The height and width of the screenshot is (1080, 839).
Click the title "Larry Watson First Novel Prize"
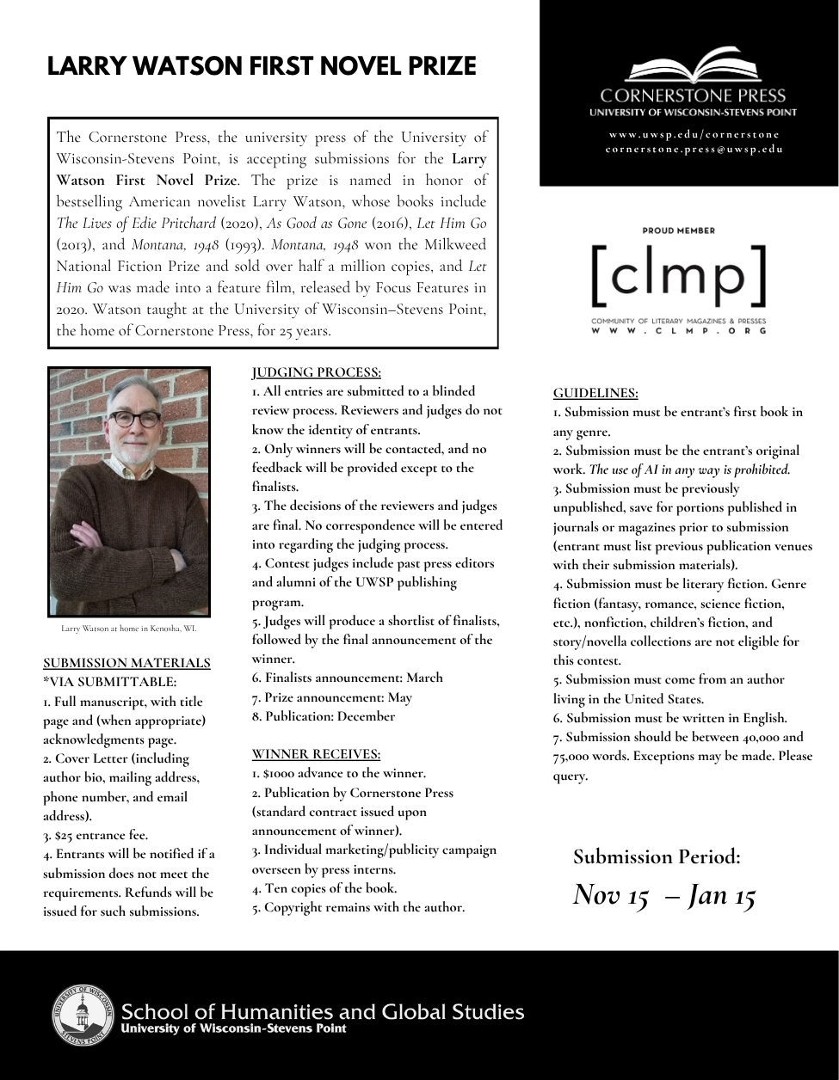[262, 66]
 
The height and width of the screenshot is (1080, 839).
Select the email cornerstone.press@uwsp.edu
[694, 149]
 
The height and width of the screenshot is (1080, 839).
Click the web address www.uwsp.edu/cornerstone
[694, 134]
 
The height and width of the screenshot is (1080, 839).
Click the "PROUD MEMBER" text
[678, 230]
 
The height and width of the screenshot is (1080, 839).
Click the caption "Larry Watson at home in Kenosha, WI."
[129, 629]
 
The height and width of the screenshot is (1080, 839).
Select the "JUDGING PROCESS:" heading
[316, 372]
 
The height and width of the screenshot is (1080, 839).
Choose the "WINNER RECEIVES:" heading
[316, 754]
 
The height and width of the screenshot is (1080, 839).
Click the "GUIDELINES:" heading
[595, 393]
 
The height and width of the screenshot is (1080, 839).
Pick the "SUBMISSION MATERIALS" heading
[126, 663]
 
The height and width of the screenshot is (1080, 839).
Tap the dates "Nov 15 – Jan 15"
[664, 895]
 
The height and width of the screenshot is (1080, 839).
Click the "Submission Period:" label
[657, 856]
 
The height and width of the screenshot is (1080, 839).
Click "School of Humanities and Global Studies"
[323, 1011]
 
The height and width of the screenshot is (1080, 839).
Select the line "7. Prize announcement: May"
[332, 696]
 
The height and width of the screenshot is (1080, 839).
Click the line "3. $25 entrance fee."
[96, 835]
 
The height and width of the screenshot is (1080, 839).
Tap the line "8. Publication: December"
[324, 716]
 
